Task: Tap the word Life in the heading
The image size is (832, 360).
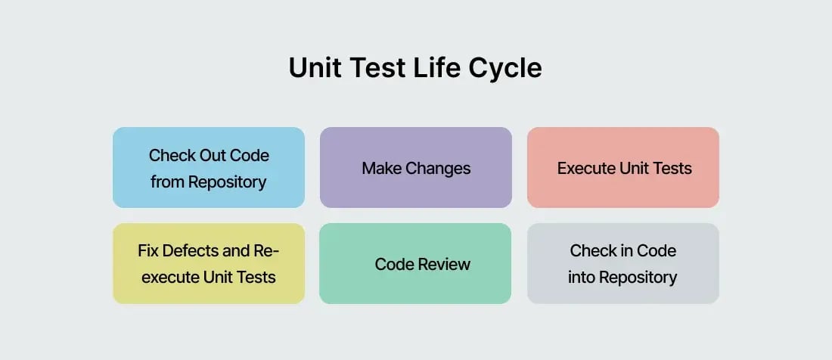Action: [x=433, y=68]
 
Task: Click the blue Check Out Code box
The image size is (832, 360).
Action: [x=209, y=167]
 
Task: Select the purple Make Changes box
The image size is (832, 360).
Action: [x=415, y=167]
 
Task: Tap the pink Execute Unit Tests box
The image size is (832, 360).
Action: [x=622, y=167]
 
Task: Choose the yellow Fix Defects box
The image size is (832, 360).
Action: [x=209, y=263]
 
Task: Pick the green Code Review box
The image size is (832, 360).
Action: [x=415, y=263]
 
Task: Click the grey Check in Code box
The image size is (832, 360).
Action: [x=622, y=263]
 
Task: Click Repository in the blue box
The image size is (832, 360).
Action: [x=227, y=182]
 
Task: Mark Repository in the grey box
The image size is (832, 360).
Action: [x=638, y=278]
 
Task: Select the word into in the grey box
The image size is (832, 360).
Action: [x=582, y=278]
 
